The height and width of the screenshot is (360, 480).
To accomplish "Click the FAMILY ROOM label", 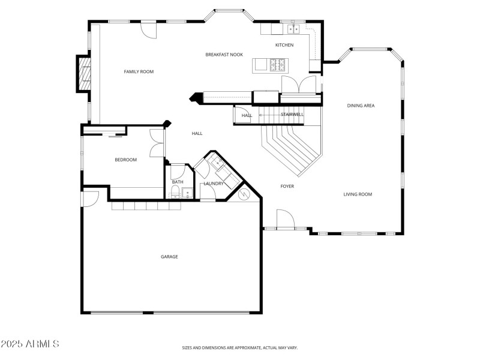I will click(139, 72).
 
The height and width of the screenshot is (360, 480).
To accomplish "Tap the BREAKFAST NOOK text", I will click(224, 55).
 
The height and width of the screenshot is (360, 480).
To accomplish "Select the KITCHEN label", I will click(284, 46).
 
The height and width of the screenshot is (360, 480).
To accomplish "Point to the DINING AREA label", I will click(361, 106).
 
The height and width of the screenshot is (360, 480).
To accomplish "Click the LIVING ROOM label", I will click(358, 194).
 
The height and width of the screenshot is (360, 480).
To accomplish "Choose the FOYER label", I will click(287, 187).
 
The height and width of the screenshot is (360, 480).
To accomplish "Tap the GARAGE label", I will click(169, 257).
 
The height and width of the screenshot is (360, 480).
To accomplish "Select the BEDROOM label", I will click(126, 160).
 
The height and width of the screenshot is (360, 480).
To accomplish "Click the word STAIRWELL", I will click(292, 115).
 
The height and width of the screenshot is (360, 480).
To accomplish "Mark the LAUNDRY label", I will click(214, 184).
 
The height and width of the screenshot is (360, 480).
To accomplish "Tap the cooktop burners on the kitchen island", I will click(278, 64).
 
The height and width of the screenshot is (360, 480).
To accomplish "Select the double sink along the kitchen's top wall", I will click(293, 28).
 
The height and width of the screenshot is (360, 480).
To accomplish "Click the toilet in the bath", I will click(175, 192).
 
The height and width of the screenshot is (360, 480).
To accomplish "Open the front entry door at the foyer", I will click(286, 220).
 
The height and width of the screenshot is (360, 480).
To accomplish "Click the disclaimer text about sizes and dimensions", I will click(240, 347).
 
